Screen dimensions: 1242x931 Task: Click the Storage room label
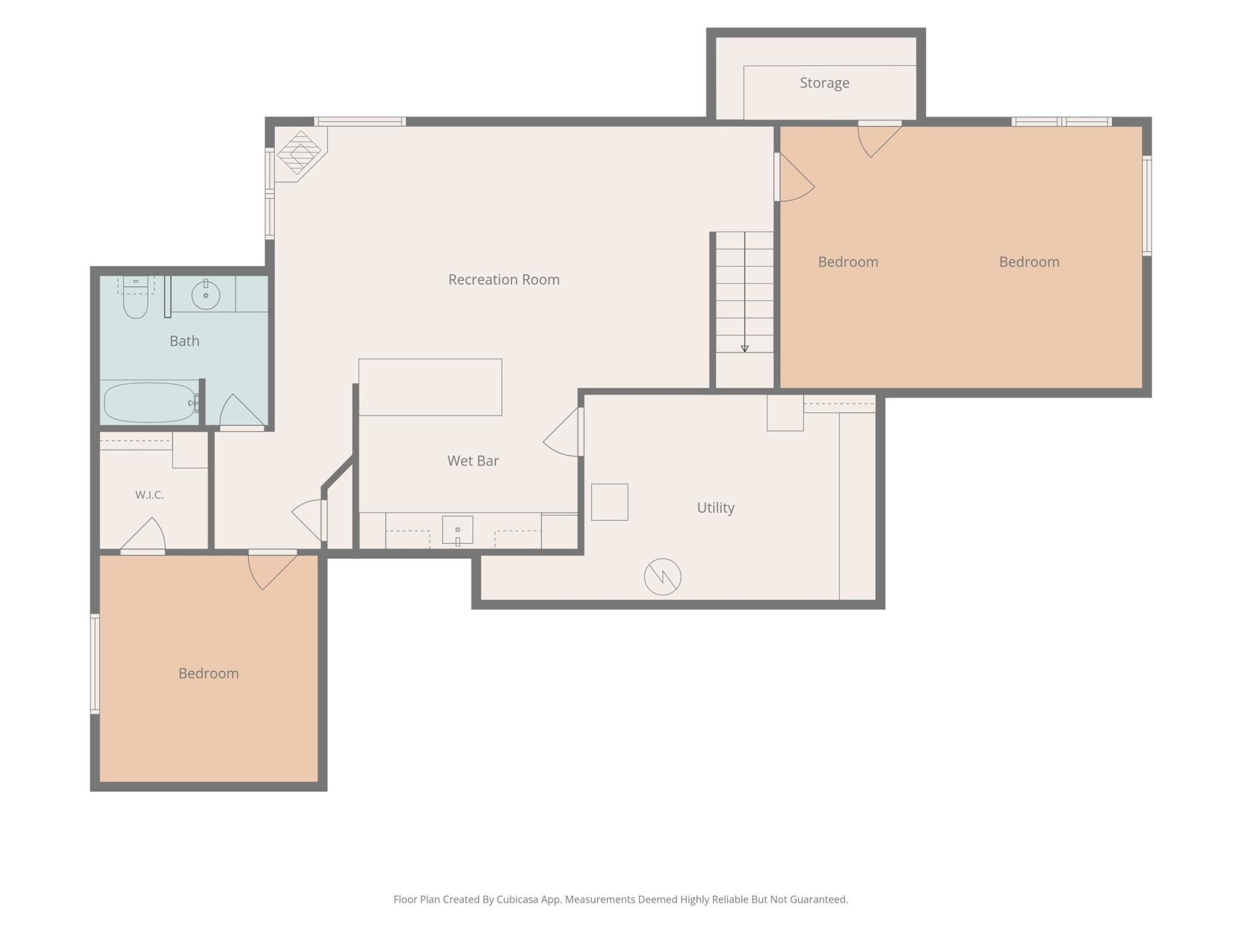coord(824,83)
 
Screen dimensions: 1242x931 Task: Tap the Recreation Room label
coord(504,279)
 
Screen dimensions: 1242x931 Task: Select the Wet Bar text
coord(473,461)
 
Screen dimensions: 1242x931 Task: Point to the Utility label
coord(715,508)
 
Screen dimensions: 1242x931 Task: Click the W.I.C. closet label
coord(149,495)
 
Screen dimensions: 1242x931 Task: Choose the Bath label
coord(185,341)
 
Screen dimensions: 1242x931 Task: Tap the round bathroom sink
coord(205,294)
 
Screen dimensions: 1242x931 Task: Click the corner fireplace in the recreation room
coord(300,153)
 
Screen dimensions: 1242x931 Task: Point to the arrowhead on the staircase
coord(745,349)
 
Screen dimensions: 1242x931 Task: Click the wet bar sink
coord(457,530)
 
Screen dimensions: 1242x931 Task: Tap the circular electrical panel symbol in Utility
coord(662,577)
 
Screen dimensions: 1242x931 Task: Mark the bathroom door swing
coord(242,412)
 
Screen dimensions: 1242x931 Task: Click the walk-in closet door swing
coord(143,535)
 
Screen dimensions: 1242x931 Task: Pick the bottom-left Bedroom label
coord(208,673)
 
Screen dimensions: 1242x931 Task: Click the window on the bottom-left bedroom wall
coord(94,664)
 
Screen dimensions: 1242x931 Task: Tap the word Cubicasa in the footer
coord(519,899)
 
